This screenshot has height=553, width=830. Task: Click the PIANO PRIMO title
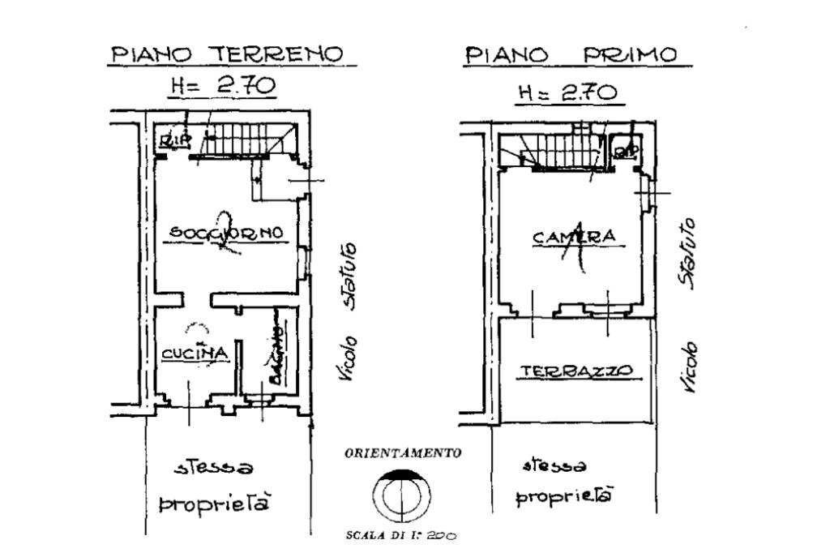571,56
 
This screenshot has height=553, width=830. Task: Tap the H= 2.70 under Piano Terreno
221,86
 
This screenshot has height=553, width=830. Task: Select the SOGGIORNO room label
227,234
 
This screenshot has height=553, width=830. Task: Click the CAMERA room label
574,237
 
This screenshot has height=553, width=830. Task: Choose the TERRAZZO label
576,371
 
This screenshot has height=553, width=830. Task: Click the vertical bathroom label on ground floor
276,355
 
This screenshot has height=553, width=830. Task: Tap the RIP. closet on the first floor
624,150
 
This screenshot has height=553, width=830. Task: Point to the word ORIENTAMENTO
403,453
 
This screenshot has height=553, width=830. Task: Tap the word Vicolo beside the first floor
689,367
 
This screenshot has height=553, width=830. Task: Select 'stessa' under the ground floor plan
215,468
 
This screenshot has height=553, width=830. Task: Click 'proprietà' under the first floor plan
564,495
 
